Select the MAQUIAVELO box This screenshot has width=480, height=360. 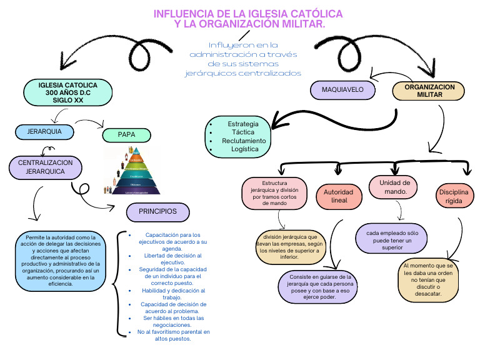[x=342, y=90]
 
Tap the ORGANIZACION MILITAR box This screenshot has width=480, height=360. [x=429, y=91]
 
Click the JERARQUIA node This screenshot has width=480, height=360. [x=44, y=132]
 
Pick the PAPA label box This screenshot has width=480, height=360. [x=126, y=134]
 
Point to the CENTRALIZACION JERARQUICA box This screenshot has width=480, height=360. [x=46, y=167]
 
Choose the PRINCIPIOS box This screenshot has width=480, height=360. [x=157, y=212]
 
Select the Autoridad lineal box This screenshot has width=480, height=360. [x=339, y=196]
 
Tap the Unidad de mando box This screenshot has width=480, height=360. [x=392, y=187]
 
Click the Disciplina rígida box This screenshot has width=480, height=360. [x=453, y=196]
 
